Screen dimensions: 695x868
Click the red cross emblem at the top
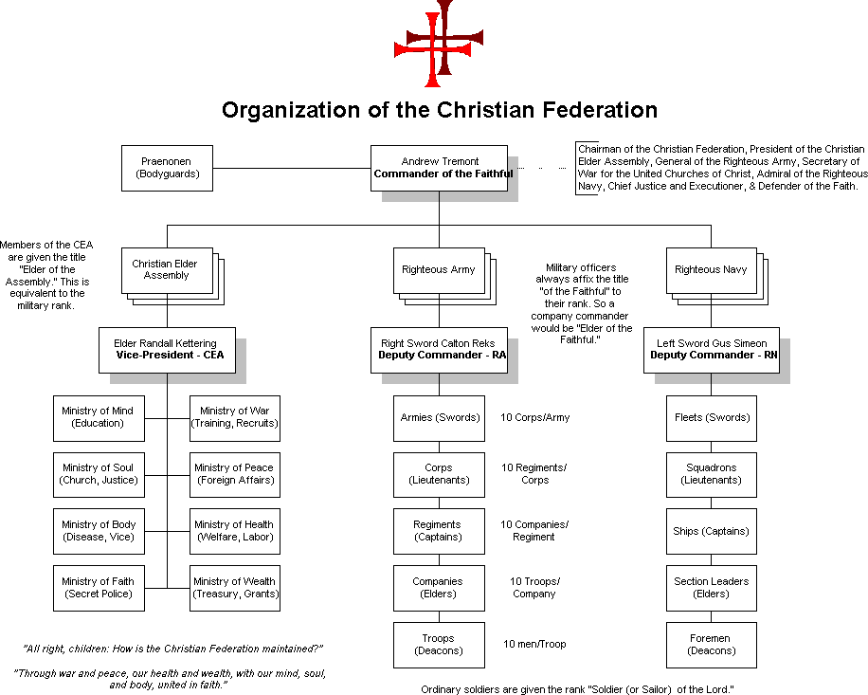point(438,43)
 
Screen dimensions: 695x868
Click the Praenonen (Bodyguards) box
point(167,168)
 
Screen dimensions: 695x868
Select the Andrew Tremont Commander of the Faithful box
point(438,168)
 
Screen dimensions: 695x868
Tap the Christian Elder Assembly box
point(167,270)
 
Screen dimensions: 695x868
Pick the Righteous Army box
point(438,270)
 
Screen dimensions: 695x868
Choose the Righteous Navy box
point(711,270)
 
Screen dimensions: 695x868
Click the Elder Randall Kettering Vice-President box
point(167,349)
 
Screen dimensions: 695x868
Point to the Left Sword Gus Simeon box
point(711,349)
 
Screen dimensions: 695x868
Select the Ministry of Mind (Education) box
point(99,417)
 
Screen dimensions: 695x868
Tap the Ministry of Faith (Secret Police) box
point(99,588)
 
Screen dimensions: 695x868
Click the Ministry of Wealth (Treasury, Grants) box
point(234,588)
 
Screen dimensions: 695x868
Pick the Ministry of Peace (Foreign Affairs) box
point(234,474)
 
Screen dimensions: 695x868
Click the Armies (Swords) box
point(439,417)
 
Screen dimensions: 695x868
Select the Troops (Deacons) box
point(439,645)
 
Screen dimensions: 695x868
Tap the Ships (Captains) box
point(711,531)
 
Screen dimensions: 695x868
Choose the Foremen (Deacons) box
point(711,645)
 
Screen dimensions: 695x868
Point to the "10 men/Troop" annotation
point(534,645)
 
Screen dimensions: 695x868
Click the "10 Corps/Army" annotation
point(535,417)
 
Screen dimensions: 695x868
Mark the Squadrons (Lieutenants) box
point(711,474)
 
